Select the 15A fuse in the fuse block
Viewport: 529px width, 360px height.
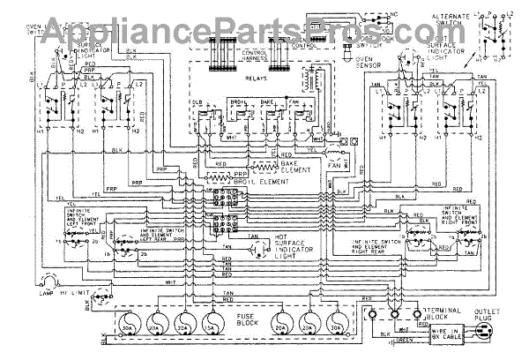point(212,320)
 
